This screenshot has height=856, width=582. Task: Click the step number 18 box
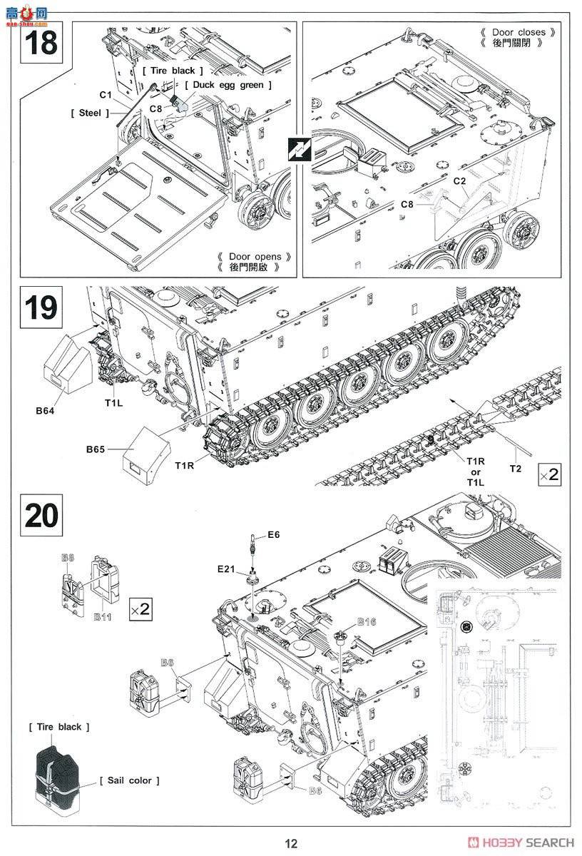pyautogui.click(x=41, y=43)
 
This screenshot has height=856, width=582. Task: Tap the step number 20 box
pyautogui.click(x=41, y=516)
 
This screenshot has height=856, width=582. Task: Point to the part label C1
pyautogui.click(x=106, y=95)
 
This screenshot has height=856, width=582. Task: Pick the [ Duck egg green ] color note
pyautogui.click(x=228, y=85)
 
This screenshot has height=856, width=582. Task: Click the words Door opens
pyautogui.click(x=255, y=257)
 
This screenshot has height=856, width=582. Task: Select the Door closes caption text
pyautogui.click(x=518, y=32)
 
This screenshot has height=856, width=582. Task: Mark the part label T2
pyautogui.click(x=515, y=468)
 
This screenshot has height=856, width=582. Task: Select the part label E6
pyautogui.click(x=275, y=534)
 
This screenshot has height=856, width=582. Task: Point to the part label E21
pyautogui.click(x=228, y=569)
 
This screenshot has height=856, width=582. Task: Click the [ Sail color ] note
pyautogui.click(x=130, y=780)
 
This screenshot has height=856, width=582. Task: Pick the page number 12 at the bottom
pyautogui.click(x=290, y=843)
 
